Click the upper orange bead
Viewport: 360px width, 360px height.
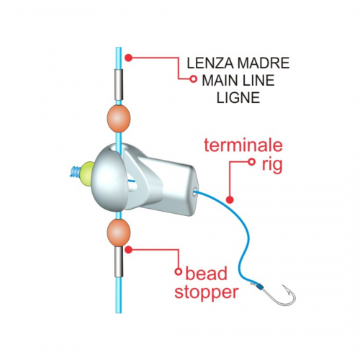click(119, 119)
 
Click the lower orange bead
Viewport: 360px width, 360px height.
click(119, 233)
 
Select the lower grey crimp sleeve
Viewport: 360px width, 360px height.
click(119, 261)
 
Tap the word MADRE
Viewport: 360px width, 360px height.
click(264, 63)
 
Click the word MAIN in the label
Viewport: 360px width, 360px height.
click(220, 80)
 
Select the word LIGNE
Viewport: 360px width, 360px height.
click(238, 97)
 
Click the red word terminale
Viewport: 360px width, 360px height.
click(243, 145)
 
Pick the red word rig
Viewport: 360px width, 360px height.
click(272, 165)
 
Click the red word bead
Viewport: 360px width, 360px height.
click(207, 274)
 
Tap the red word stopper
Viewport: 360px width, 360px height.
click(207, 292)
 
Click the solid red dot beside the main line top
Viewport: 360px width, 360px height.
click(129, 58)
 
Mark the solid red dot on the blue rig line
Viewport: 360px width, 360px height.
click(230, 199)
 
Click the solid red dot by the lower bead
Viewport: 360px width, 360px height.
click(129, 250)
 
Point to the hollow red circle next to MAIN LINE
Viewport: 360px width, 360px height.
click(193, 78)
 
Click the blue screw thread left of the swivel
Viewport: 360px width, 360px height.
click(75, 172)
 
